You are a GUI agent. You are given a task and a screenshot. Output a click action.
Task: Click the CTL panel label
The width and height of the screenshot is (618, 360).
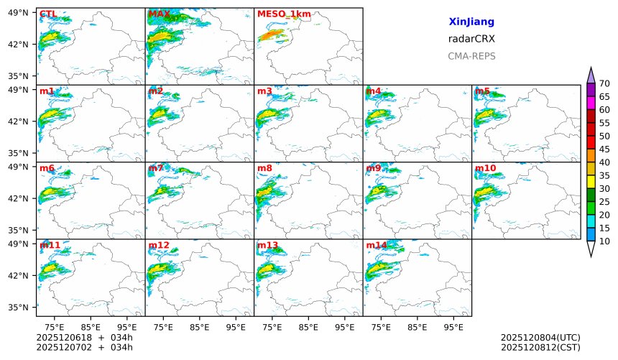[47, 14]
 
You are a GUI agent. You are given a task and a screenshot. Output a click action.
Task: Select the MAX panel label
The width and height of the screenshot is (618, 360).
[159, 14]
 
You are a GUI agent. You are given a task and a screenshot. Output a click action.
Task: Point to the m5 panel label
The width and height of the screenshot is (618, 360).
[482, 91]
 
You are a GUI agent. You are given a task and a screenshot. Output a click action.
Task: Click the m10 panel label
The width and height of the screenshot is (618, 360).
[485, 168]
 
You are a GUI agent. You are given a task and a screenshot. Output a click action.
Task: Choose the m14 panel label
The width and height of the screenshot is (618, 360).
[377, 245]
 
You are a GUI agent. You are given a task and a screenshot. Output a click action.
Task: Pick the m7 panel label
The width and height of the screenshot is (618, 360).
[156, 168]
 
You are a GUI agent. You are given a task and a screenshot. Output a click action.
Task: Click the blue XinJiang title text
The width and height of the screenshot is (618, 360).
[471, 22]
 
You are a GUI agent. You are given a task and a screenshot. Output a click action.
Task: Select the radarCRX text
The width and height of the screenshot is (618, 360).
[471, 39]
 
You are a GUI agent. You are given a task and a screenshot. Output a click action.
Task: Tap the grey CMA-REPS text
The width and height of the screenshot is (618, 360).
[471, 56]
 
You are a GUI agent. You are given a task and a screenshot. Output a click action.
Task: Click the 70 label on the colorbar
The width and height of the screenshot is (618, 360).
[604, 84]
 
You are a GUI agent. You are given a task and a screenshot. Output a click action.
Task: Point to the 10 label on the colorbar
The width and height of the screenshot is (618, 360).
[604, 241]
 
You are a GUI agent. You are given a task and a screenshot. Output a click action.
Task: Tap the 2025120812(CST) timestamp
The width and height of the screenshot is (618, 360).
[540, 348]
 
